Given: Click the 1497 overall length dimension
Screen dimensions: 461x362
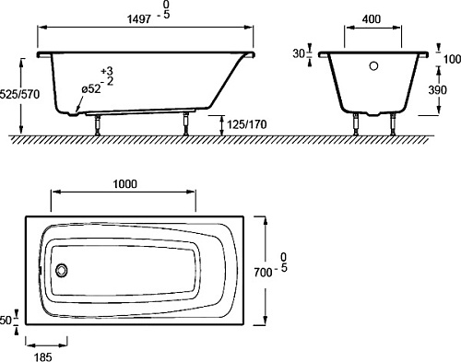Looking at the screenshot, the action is [139, 19].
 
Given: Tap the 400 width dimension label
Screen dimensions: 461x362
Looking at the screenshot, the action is [372, 19].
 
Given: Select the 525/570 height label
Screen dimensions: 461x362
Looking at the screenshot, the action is [20, 94].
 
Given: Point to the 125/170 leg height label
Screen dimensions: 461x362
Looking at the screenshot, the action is [247, 124].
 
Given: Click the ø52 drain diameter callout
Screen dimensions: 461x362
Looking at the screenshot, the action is [91, 89].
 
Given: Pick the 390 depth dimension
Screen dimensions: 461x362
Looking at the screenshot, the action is [437, 90].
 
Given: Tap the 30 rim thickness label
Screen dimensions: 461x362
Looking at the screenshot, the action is [299, 53].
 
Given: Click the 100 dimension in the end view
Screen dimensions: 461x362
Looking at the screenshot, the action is [452, 59].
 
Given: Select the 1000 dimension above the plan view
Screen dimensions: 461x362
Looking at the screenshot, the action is [125, 184].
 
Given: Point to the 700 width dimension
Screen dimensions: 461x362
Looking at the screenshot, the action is [263, 272].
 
